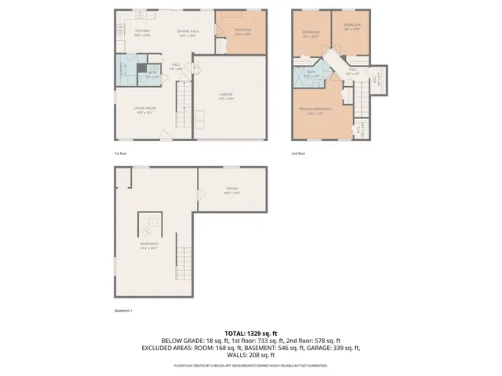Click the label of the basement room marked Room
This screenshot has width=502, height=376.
[x=231, y=190]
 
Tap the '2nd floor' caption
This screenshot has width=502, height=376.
[x=298, y=153]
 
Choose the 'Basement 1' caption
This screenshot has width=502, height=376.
[x=123, y=310]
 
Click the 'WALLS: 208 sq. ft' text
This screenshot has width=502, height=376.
[x=250, y=355]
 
